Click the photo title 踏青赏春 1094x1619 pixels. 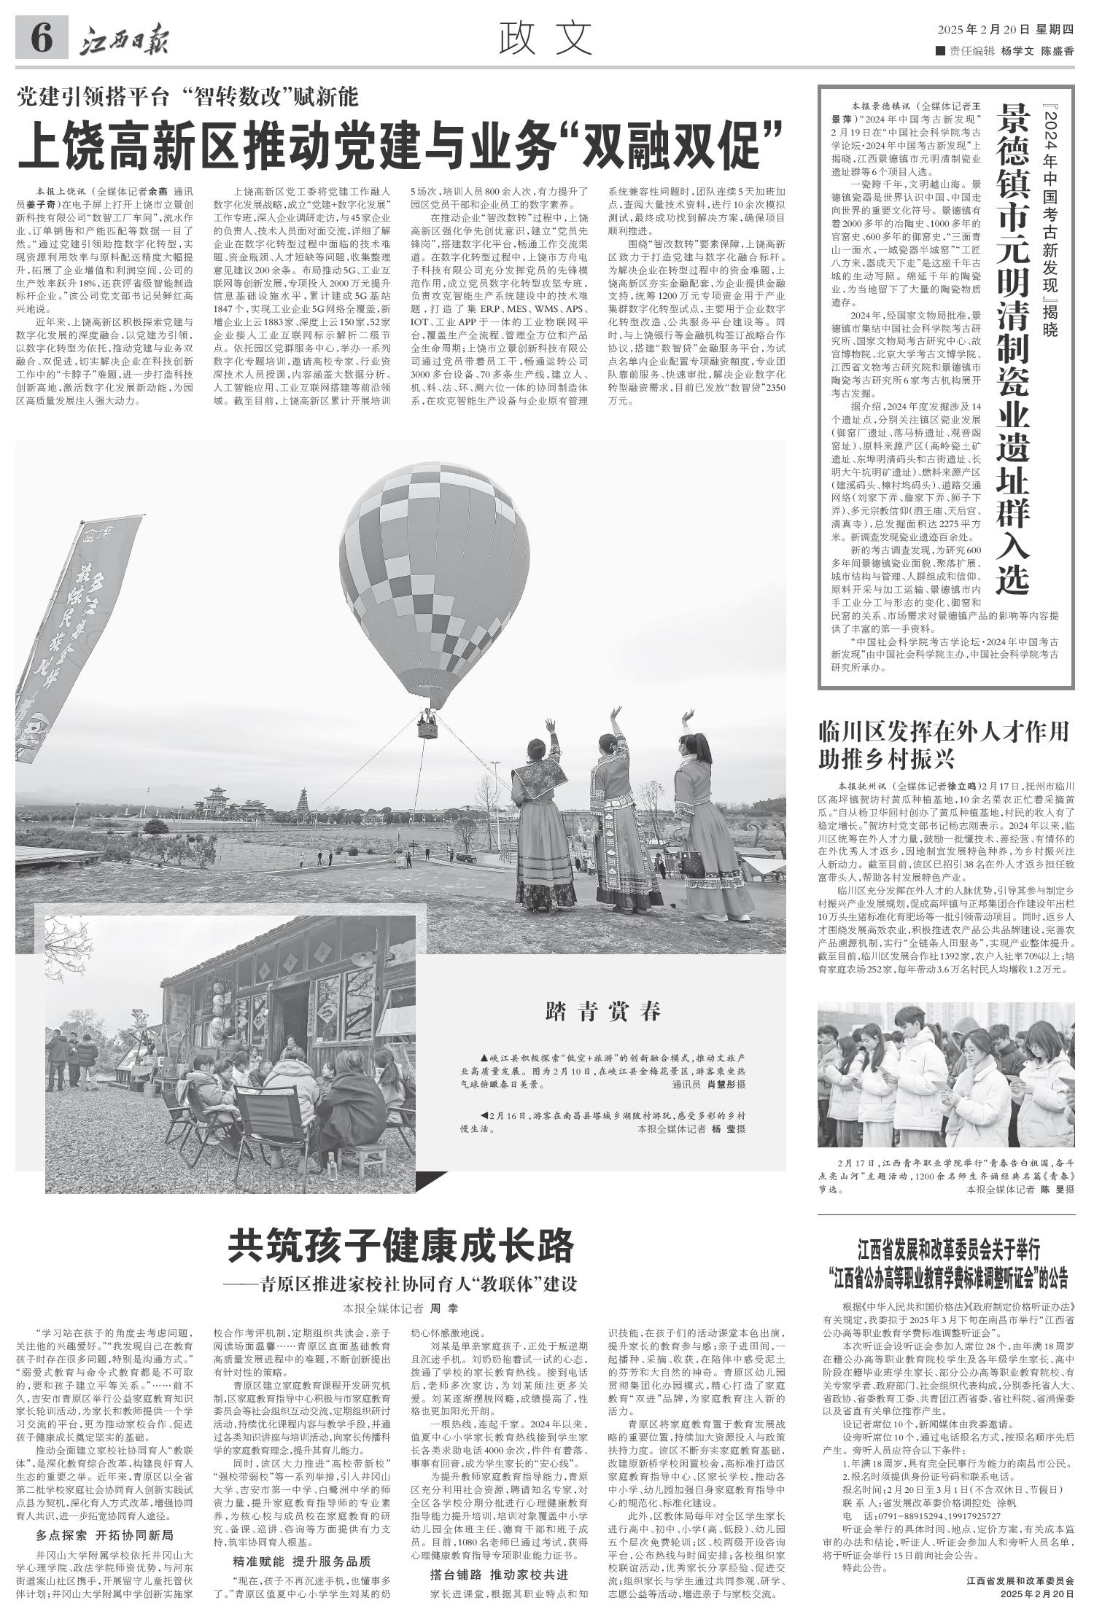[603, 1012]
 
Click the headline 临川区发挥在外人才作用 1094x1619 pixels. [944, 731]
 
